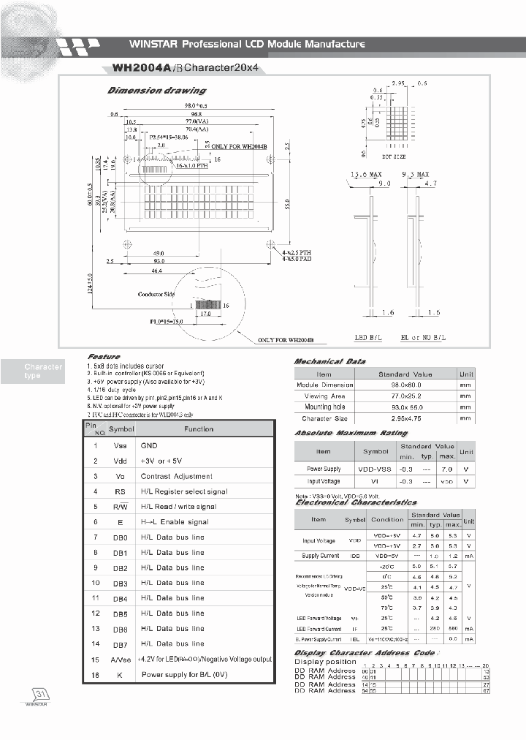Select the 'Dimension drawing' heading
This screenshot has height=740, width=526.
156,91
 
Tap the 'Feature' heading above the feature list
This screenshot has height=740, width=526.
104,357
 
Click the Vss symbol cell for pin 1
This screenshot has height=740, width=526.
120,445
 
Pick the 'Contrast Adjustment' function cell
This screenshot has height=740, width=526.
176,476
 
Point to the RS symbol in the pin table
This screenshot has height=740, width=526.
120,491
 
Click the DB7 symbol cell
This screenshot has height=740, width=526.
120,643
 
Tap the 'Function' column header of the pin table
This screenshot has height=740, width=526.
199,429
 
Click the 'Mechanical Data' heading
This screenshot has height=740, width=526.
329,361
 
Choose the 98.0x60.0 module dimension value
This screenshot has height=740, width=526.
405,385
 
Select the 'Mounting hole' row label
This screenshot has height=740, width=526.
324,407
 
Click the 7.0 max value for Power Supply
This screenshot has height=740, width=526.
448,469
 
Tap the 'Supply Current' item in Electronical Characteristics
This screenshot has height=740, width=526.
320,556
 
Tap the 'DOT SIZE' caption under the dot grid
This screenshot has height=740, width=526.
394,156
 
